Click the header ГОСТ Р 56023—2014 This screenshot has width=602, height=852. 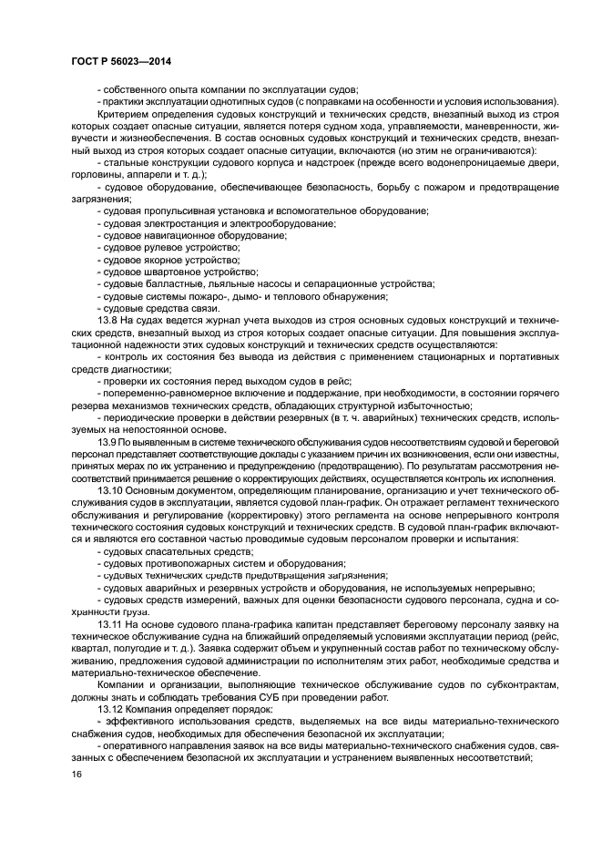click(120, 61)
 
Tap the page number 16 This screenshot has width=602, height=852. click(77, 775)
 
